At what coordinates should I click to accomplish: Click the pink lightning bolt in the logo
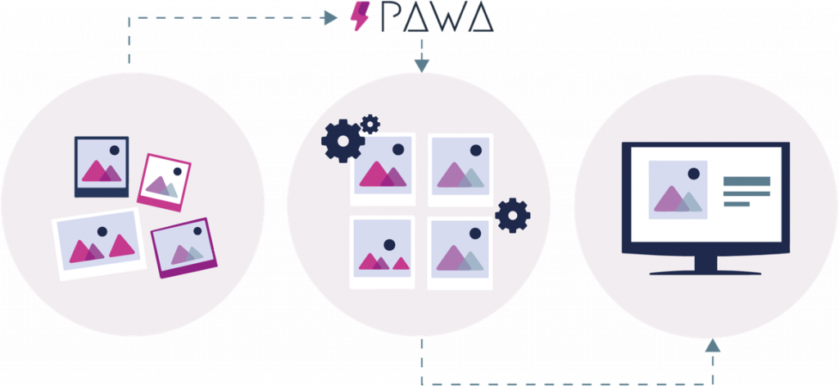click(x=358, y=16)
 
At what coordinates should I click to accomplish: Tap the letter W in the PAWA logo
click(x=448, y=18)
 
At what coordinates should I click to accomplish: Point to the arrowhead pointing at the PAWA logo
click(x=332, y=17)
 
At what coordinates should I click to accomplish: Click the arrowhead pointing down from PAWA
click(x=421, y=63)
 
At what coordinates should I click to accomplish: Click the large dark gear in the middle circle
click(x=342, y=141)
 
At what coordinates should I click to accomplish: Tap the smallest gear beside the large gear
click(x=370, y=124)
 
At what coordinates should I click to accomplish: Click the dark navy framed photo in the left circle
click(x=102, y=166)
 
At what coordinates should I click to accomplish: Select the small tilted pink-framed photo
click(x=164, y=183)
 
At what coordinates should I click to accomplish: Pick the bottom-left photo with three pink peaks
click(x=382, y=251)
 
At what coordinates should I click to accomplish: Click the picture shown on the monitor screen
click(x=678, y=190)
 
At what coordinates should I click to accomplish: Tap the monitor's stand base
click(x=705, y=270)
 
